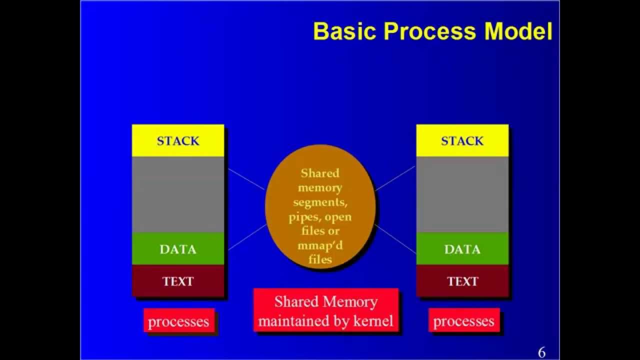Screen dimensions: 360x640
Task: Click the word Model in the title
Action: click(x=518, y=31)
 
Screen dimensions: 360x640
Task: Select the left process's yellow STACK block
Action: click(x=177, y=140)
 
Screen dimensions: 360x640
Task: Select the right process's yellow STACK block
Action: click(x=462, y=140)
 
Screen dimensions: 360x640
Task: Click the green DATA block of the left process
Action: click(x=177, y=249)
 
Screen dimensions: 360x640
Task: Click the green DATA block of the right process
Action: click(x=462, y=249)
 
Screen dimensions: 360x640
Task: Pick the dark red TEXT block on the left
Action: click(x=177, y=281)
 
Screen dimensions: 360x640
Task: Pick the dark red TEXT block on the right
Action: click(x=462, y=281)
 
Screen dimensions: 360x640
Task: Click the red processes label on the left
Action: click(x=178, y=321)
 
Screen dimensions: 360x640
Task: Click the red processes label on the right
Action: click(x=463, y=321)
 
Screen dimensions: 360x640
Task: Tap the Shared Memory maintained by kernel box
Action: click(x=325, y=310)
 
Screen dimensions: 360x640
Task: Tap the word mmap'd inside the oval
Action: click(x=320, y=245)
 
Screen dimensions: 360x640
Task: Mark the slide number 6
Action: click(x=541, y=352)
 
